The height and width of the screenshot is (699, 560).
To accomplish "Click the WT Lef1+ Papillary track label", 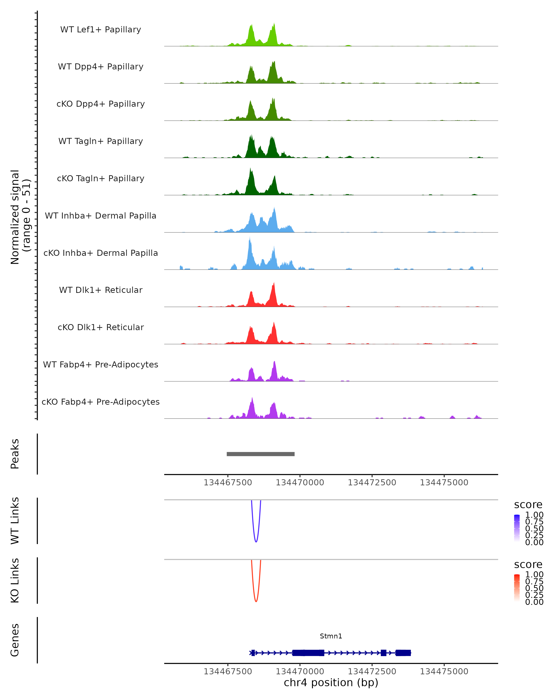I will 101,30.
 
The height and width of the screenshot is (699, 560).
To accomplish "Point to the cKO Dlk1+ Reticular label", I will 101,327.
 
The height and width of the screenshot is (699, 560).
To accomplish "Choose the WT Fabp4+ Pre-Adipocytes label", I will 101,364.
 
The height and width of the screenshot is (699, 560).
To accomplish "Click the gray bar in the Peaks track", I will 260,454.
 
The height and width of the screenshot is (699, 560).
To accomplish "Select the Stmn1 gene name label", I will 331,636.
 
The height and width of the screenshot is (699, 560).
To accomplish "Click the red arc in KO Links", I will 256,600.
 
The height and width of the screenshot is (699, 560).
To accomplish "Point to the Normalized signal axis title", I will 20,217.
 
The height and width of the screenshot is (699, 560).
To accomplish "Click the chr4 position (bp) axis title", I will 331,682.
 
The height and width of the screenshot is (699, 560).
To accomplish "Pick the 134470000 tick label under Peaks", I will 300,483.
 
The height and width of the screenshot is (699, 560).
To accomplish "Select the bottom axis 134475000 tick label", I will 444,672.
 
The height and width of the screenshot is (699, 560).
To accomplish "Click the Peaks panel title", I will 15,454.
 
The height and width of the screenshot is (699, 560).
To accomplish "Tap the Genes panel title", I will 15,640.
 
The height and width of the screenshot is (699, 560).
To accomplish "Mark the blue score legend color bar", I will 517,528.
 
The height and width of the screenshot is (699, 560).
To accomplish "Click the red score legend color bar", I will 517,588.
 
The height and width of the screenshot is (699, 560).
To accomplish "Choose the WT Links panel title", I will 15,521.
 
